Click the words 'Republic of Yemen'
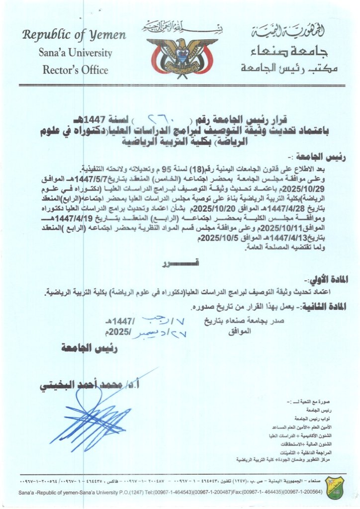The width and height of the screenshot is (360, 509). coord(74,35)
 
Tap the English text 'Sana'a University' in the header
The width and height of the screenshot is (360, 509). coord(75,53)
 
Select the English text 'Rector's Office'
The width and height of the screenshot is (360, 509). coord(75,70)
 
